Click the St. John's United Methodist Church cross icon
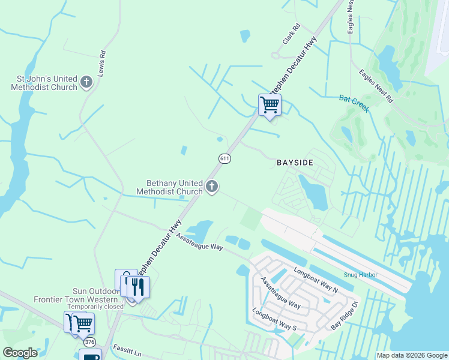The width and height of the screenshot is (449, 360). pyautogui.click(x=86, y=82)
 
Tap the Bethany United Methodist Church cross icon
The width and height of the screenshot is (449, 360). pyautogui.click(x=211, y=187)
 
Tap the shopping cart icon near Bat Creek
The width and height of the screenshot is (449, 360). pyautogui.click(x=270, y=105)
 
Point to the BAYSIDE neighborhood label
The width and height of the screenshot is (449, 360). pyautogui.click(x=295, y=163)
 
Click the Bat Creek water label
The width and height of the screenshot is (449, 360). pyautogui.click(x=353, y=103)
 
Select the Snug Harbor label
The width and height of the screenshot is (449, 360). pyautogui.click(x=360, y=275)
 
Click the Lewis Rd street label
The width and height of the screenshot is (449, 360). pyautogui.click(x=102, y=62)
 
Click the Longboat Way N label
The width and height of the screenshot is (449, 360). pyautogui.click(x=316, y=279)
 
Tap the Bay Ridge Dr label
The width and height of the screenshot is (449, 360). pyautogui.click(x=344, y=316)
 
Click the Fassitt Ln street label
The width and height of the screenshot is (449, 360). pyautogui.click(x=126, y=352)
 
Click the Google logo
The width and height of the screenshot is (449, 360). pyautogui.click(x=20, y=353)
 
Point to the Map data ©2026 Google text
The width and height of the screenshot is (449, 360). pyautogui.click(x=411, y=355)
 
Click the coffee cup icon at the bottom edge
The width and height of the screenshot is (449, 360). pyautogui.click(x=90, y=356)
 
